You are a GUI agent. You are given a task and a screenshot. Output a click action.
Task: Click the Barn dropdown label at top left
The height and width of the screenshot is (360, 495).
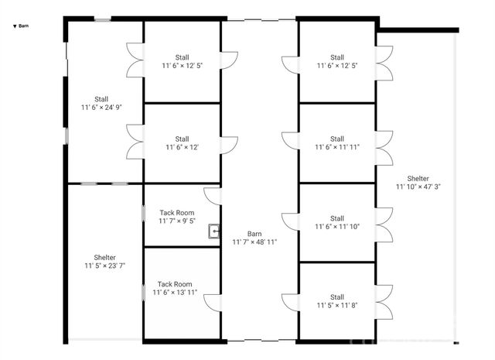point(24,26)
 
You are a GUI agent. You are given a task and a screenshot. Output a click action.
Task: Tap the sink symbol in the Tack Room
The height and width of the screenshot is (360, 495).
point(213,230)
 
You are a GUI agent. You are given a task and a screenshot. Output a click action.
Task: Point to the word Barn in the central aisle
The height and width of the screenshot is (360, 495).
point(254,233)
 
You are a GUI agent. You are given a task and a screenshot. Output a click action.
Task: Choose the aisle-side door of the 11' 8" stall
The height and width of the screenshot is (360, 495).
point(289,302)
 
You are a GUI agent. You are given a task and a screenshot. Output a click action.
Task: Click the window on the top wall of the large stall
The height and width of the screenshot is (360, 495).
point(102,19)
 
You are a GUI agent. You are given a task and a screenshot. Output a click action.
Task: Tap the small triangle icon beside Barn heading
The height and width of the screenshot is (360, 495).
point(15,26)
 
